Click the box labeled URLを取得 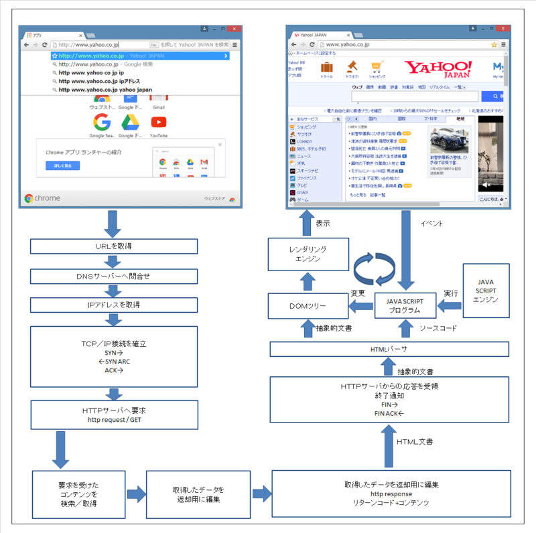[x=113, y=246]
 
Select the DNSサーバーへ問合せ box [x=113, y=275]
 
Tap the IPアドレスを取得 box [x=113, y=305]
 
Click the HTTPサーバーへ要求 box [x=113, y=414]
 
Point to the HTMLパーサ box [x=389, y=349]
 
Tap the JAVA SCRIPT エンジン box [x=486, y=291]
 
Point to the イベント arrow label [x=431, y=223]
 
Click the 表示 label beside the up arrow [x=322, y=223]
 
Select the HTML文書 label [x=415, y=441]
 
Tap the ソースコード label [x=438, y=329]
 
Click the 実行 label [x=451, y=293]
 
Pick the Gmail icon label [x=159, y=107]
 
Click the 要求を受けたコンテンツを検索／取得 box [x=78, y=495]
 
